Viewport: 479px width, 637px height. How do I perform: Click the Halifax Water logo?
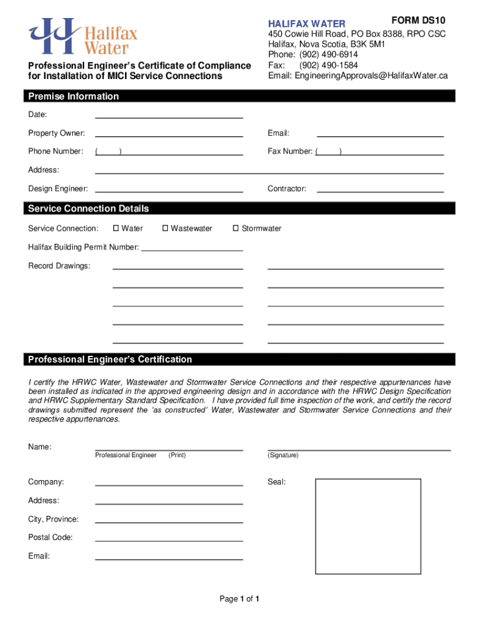82,36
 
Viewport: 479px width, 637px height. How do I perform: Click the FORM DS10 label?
418,20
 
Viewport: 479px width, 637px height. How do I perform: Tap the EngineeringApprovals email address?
358,76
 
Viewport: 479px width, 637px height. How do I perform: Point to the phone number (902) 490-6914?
328,55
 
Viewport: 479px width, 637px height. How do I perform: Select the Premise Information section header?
73,96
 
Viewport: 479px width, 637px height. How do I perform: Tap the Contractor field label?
287,188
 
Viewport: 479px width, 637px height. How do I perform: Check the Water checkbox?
116,228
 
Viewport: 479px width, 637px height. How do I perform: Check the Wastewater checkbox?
165,228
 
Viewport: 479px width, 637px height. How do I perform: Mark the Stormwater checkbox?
236,228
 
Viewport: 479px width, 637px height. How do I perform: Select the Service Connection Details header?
88,208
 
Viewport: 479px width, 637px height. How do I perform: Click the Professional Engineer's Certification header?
110,360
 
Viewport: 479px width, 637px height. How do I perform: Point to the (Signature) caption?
283,455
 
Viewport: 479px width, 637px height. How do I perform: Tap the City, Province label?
53,519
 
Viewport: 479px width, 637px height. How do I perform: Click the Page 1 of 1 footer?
239,599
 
